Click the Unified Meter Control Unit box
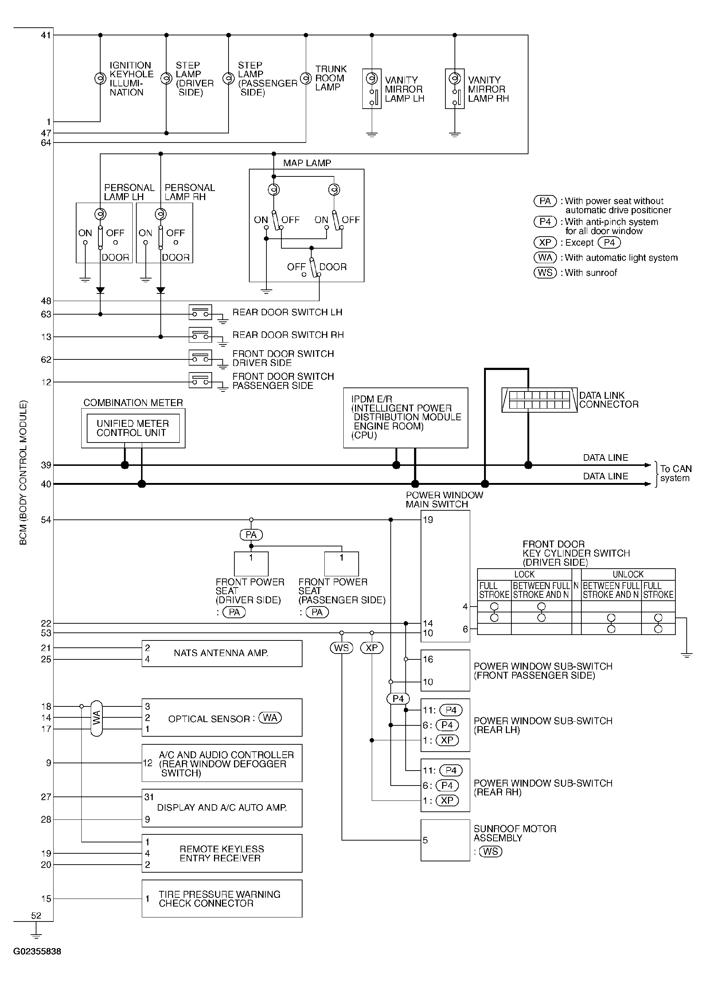(x=133, y=428)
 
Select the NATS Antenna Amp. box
(x=222, y=653)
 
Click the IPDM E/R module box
(x=406, y=417)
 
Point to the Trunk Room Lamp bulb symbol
(x=306, y=78)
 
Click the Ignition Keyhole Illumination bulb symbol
(x=100, y=78)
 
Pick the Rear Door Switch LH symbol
(x=200, y=312)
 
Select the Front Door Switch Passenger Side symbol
(x=200, y=380)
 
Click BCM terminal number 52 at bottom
(x=36, y=915)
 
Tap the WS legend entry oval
(x=545, y=272)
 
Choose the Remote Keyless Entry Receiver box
(x=222, y=853)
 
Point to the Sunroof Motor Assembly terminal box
(x=445, y=840)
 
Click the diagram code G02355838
(x=37, y=951)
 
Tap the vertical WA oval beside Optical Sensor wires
(x=97, y=718)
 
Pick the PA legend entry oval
(x=545, y=201)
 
